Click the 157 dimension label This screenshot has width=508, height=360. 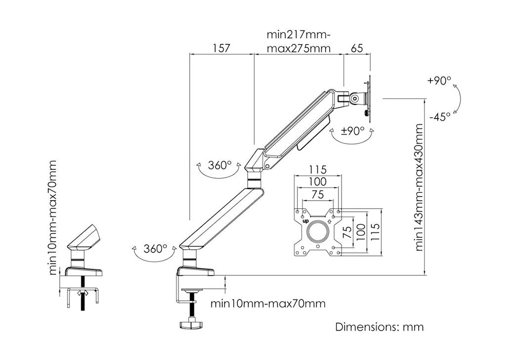pos(222,48)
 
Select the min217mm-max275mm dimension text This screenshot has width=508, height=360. pos(298,42)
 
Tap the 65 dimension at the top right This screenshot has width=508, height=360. pos(357,48)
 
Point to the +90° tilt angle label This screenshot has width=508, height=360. pos(439,81)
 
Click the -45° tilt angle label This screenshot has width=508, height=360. pos(439,117)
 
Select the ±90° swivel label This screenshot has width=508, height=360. pos(353,131)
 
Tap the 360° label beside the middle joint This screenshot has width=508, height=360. pos(219,164)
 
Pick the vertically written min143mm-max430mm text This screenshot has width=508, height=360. pos(420,188)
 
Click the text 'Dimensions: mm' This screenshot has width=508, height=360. pos(380,327)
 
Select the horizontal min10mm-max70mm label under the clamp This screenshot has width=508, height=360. pos(268,303)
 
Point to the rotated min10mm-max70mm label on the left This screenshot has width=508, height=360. pos(52,218)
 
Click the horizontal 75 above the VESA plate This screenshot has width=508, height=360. pos(318,194)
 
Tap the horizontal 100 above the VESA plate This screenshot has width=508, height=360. pos(318,182)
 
